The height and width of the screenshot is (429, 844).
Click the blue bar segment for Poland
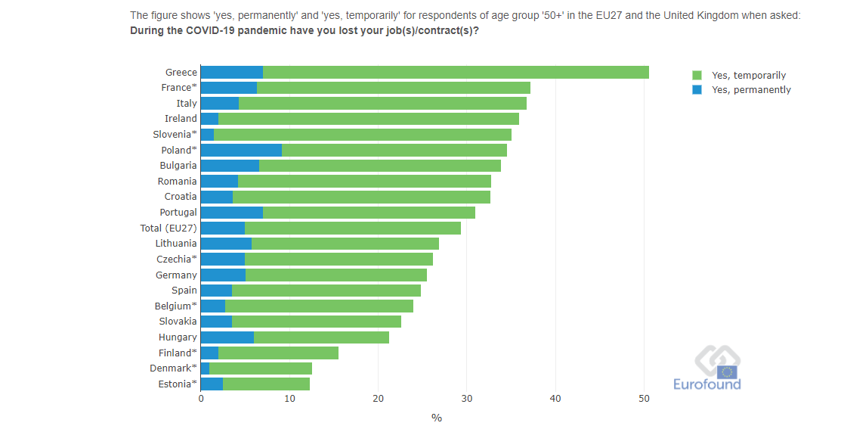tap(241, 150)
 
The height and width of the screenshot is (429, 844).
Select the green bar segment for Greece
tap(456, 72)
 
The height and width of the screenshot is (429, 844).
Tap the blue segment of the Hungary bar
tap(227, 337)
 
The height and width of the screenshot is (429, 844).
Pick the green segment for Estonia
tap(266, 384)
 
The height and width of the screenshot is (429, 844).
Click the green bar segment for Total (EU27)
tap(352, 228)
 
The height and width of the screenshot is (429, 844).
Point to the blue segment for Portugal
tap(231, 213)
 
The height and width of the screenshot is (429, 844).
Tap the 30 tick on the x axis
tap(467, 399)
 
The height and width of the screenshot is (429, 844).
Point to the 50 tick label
tap(644, 399)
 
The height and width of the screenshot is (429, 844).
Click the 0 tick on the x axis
tap(201, 399)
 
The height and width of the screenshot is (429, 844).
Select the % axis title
tap(437, 418)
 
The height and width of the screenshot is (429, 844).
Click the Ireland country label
tap(181, 119)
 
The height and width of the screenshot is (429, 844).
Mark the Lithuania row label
tap(176, 244)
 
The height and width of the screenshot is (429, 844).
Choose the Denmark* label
tap(173, 368)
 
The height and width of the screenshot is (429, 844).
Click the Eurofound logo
tap(707, 368)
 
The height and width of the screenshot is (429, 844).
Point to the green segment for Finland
tap(278, 353)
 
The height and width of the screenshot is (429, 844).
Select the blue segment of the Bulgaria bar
tap(230, 166)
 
